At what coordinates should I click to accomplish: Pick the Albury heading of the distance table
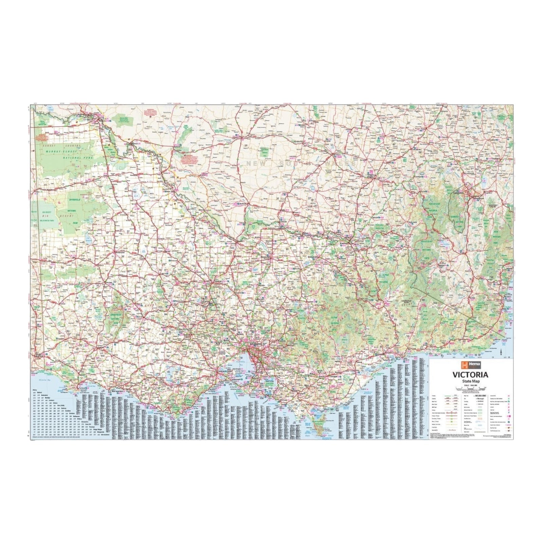[x=34, y=390]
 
